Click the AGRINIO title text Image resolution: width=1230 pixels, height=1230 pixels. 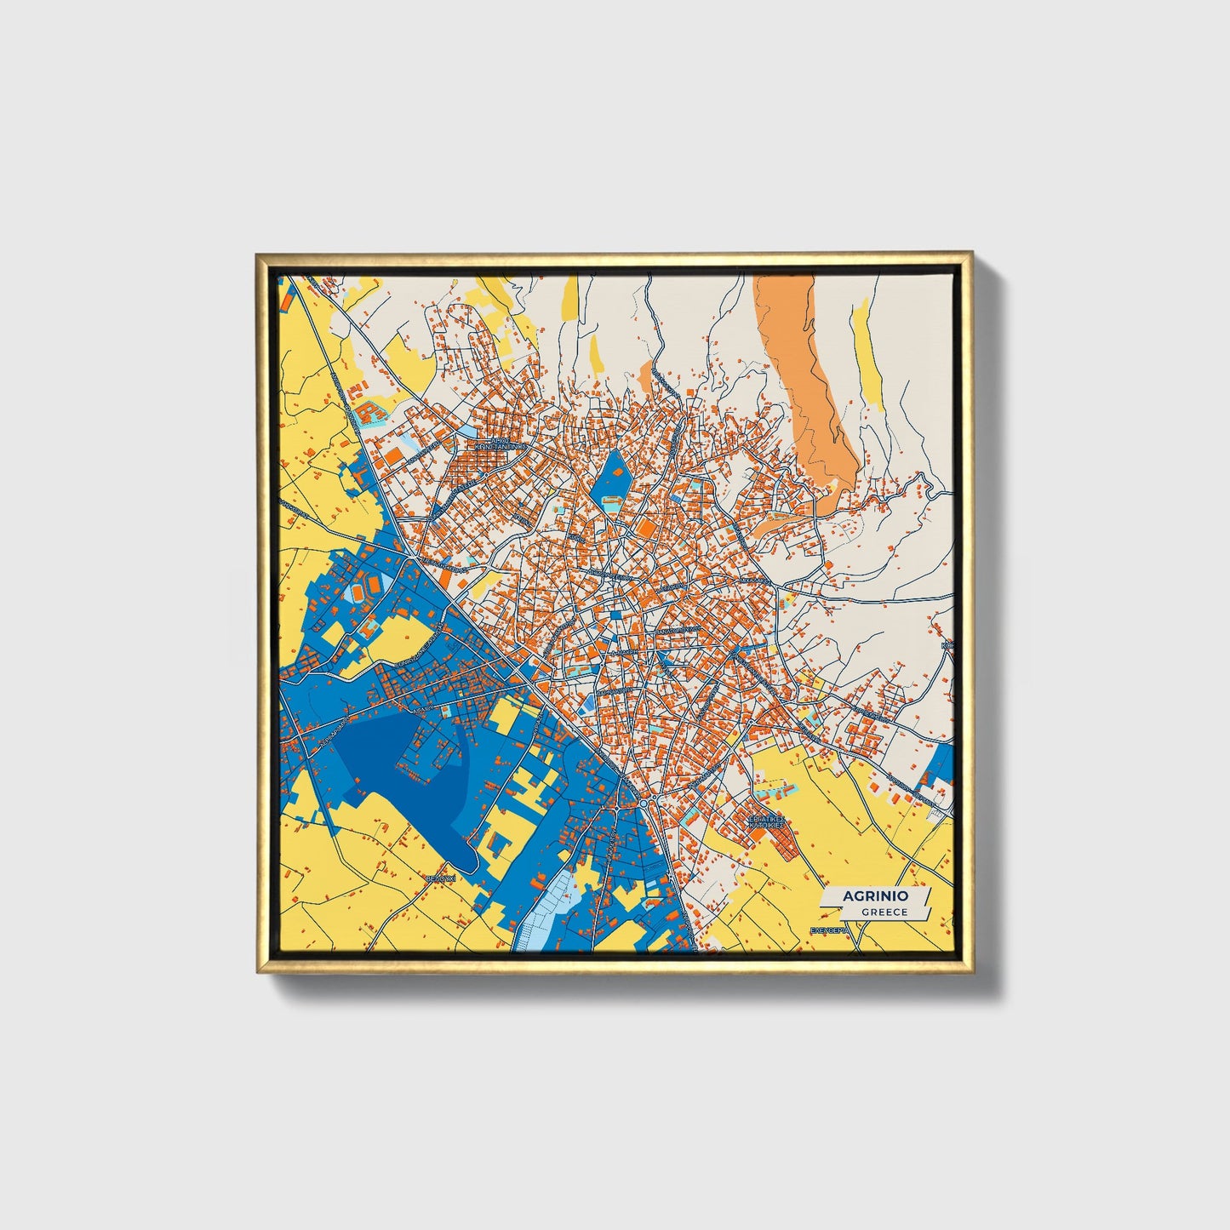pos(875,896)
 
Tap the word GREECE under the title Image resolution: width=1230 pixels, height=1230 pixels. pos(884,912)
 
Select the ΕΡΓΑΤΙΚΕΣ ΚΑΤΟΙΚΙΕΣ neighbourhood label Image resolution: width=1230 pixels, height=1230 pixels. pos(764,822)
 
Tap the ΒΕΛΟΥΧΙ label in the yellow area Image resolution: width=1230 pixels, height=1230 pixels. pos(441,877)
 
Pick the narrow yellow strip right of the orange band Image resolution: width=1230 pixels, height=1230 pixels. pos(867,358)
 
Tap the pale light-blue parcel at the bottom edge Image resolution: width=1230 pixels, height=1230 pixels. pos(545,915)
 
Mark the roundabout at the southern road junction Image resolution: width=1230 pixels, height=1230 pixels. pos(644,802)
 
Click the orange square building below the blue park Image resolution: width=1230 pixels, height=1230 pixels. pos(646,529)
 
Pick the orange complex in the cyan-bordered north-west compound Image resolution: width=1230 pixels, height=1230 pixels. pos(370,413)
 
